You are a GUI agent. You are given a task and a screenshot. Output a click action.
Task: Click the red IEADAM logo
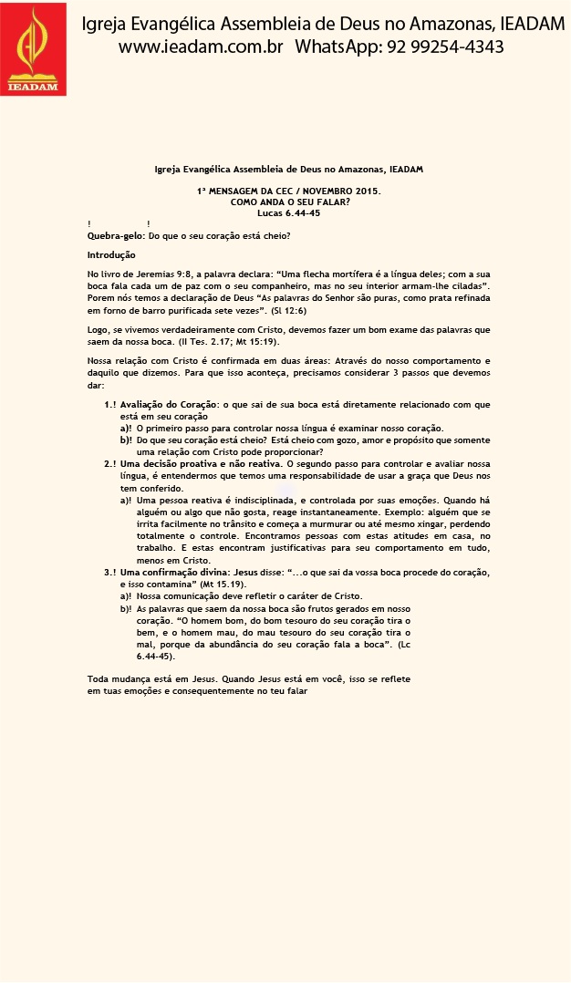point(33,47)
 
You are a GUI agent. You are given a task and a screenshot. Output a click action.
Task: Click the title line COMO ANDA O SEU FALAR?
point(289,202)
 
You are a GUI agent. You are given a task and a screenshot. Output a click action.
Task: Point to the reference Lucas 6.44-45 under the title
point(289,213)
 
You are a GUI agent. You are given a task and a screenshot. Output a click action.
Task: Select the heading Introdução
point(111,254)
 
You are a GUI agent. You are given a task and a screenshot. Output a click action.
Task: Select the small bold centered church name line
point(289,170)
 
